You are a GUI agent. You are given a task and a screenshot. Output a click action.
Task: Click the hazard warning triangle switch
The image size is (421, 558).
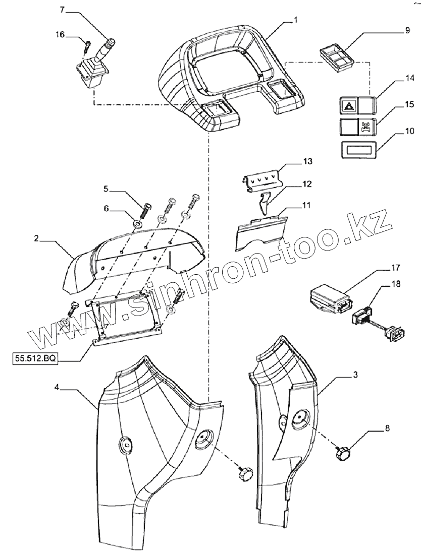348,107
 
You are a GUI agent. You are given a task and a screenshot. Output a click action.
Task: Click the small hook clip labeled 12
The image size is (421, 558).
262,204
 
